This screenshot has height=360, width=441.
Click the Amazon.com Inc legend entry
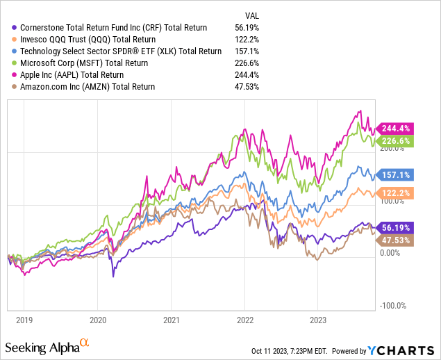(x=86, y=87)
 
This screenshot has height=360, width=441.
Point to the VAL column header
(x=253, y=15)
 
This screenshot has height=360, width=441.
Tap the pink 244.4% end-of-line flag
(x=394, y=129)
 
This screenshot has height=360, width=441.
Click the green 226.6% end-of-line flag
(x=394, y=141)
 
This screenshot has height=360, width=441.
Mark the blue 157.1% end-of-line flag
(x=394, y=175)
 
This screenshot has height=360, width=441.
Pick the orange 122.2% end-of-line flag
(x=394, y=193)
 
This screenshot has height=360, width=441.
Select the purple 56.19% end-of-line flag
(x=394, y=227)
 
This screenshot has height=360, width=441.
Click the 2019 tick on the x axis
(x=24, y=320)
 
